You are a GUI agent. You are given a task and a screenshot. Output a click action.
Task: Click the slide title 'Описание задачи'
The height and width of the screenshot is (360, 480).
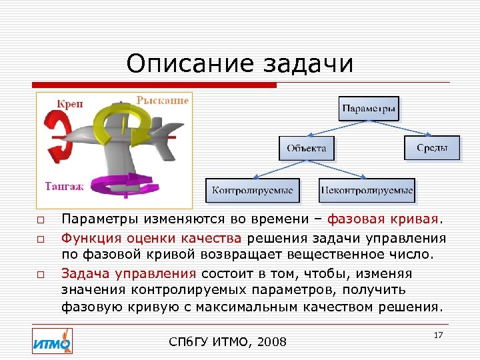point(239,64)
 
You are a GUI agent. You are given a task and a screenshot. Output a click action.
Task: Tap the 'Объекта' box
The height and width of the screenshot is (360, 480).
point(307,148)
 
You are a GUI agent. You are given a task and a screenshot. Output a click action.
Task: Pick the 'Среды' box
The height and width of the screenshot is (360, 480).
point(432,147)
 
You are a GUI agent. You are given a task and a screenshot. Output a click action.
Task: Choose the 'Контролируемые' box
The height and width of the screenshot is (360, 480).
point(253,191)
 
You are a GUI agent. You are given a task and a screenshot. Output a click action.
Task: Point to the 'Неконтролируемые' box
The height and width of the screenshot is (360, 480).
point(367,191)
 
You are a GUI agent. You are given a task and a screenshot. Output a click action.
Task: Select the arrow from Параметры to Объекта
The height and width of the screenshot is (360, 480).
point(337,129)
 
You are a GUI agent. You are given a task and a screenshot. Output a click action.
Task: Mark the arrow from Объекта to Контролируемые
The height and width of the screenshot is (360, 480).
point(281,169)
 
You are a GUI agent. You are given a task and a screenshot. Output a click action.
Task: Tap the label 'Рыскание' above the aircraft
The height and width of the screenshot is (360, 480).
point(163,101)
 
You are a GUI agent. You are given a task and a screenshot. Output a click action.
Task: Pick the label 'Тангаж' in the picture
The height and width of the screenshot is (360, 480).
point(64,187)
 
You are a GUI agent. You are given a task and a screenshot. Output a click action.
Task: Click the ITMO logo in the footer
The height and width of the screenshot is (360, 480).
point(53,341)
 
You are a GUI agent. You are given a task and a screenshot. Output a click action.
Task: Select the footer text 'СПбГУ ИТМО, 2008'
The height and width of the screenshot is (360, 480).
point(228,342)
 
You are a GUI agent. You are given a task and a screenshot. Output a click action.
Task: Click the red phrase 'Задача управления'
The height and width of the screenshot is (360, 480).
point(129,273)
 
